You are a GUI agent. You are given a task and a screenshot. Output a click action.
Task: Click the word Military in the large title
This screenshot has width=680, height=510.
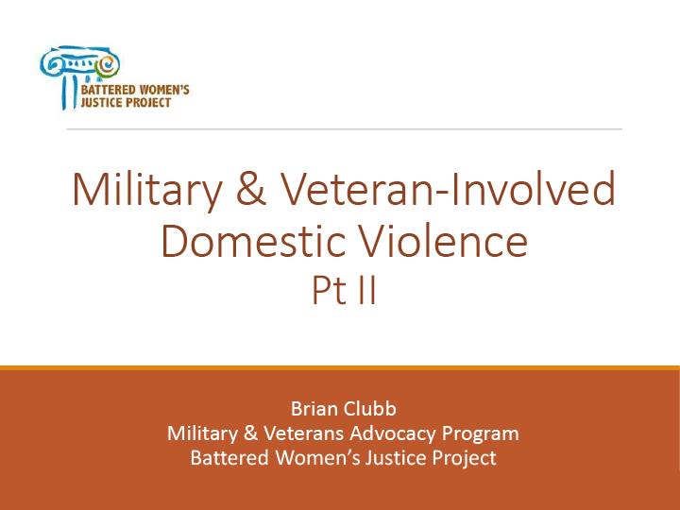[147, 191]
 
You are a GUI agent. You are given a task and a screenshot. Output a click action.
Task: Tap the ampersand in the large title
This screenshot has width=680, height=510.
[251, 189]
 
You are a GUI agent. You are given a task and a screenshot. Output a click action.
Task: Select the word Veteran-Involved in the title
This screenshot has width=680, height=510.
[448, 189]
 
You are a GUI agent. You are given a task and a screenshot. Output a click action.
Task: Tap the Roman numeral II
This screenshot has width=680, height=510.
[367, 291]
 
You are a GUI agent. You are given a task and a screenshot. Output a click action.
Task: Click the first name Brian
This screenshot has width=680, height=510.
[314, 409]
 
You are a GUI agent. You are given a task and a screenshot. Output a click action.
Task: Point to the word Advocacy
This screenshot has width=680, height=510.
[393, 433]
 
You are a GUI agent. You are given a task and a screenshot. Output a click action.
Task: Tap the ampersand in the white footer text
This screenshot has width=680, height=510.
[250, 433]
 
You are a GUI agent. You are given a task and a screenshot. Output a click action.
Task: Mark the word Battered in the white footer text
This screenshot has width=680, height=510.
[229, 458]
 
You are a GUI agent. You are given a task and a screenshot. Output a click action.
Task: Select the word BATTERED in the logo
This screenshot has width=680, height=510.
[108, 91]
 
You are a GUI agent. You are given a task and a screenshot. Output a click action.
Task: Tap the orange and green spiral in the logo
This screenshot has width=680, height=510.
[107, 65]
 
